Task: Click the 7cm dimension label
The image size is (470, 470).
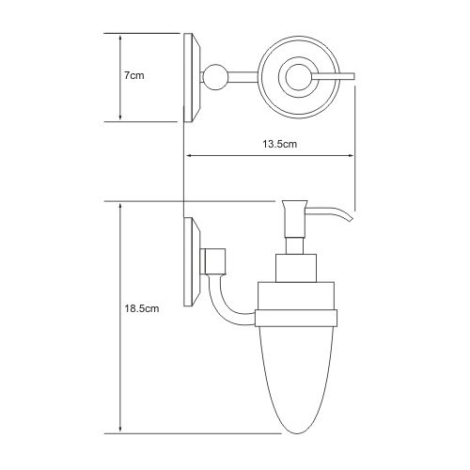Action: [133, 75]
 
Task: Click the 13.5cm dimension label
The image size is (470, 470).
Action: [279, 144]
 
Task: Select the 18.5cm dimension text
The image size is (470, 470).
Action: [142, 308]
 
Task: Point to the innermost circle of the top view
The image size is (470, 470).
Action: [298, 77]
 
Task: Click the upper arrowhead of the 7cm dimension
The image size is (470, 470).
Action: [120, 38]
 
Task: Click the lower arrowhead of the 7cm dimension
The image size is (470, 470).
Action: [120, 117]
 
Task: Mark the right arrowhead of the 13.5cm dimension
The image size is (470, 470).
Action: [350, 155]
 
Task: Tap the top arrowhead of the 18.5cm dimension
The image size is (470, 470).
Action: [120, 207]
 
